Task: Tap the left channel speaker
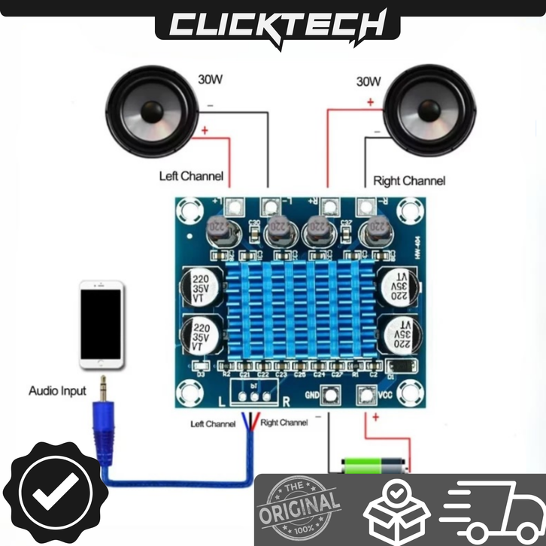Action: [153, 114]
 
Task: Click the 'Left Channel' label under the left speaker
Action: [191, 177]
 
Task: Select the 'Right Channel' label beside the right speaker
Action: [409, 180]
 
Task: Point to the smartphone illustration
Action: [102, 325]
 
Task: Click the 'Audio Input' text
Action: [58, 391]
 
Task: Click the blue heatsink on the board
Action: [301, 312]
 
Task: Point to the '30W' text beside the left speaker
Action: [210, 77]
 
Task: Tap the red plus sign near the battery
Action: [373, 418]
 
